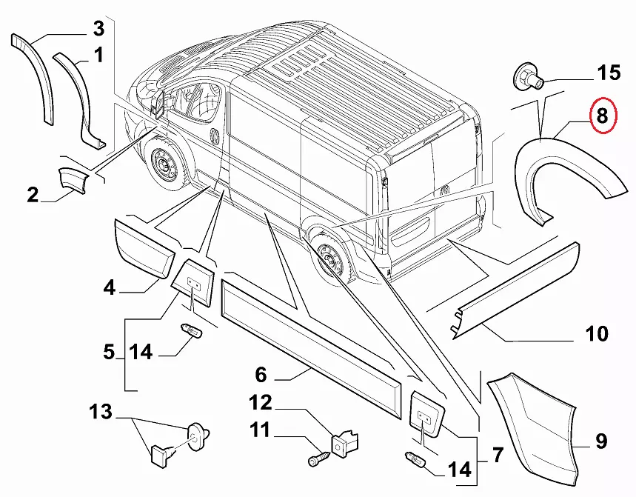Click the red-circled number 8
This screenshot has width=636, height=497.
[x=601, y=116]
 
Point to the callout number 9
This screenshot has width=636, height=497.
[x=600, y=442]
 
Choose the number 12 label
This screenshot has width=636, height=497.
[x=261, y=403]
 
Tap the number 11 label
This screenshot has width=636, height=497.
[x=260, y=429]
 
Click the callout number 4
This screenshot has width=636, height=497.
[x=110, y=287]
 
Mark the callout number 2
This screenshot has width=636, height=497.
[x=33, y=196]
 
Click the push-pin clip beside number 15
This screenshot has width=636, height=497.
[x=527, y=76]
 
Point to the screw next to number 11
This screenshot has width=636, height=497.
[x=318, y=458]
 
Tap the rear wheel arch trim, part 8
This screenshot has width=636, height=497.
[x=566, y=167]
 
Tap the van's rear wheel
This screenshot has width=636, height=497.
[x=329, y=260]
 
